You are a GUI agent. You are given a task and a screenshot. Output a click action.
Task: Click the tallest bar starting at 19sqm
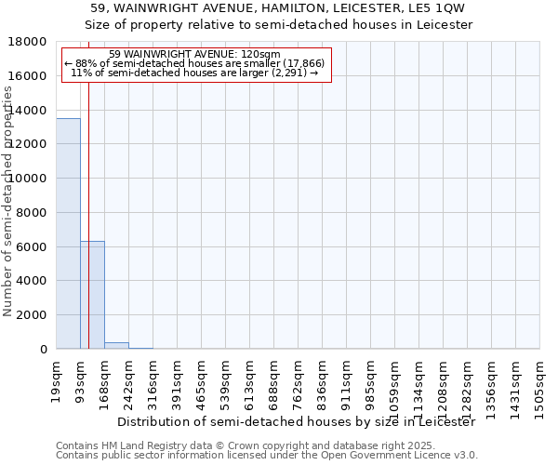(x=68, y=233)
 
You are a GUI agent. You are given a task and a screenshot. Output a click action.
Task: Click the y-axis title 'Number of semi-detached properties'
(x=9, y=221)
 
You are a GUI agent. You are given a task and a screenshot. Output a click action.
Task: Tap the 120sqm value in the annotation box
(x=250, y=55)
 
